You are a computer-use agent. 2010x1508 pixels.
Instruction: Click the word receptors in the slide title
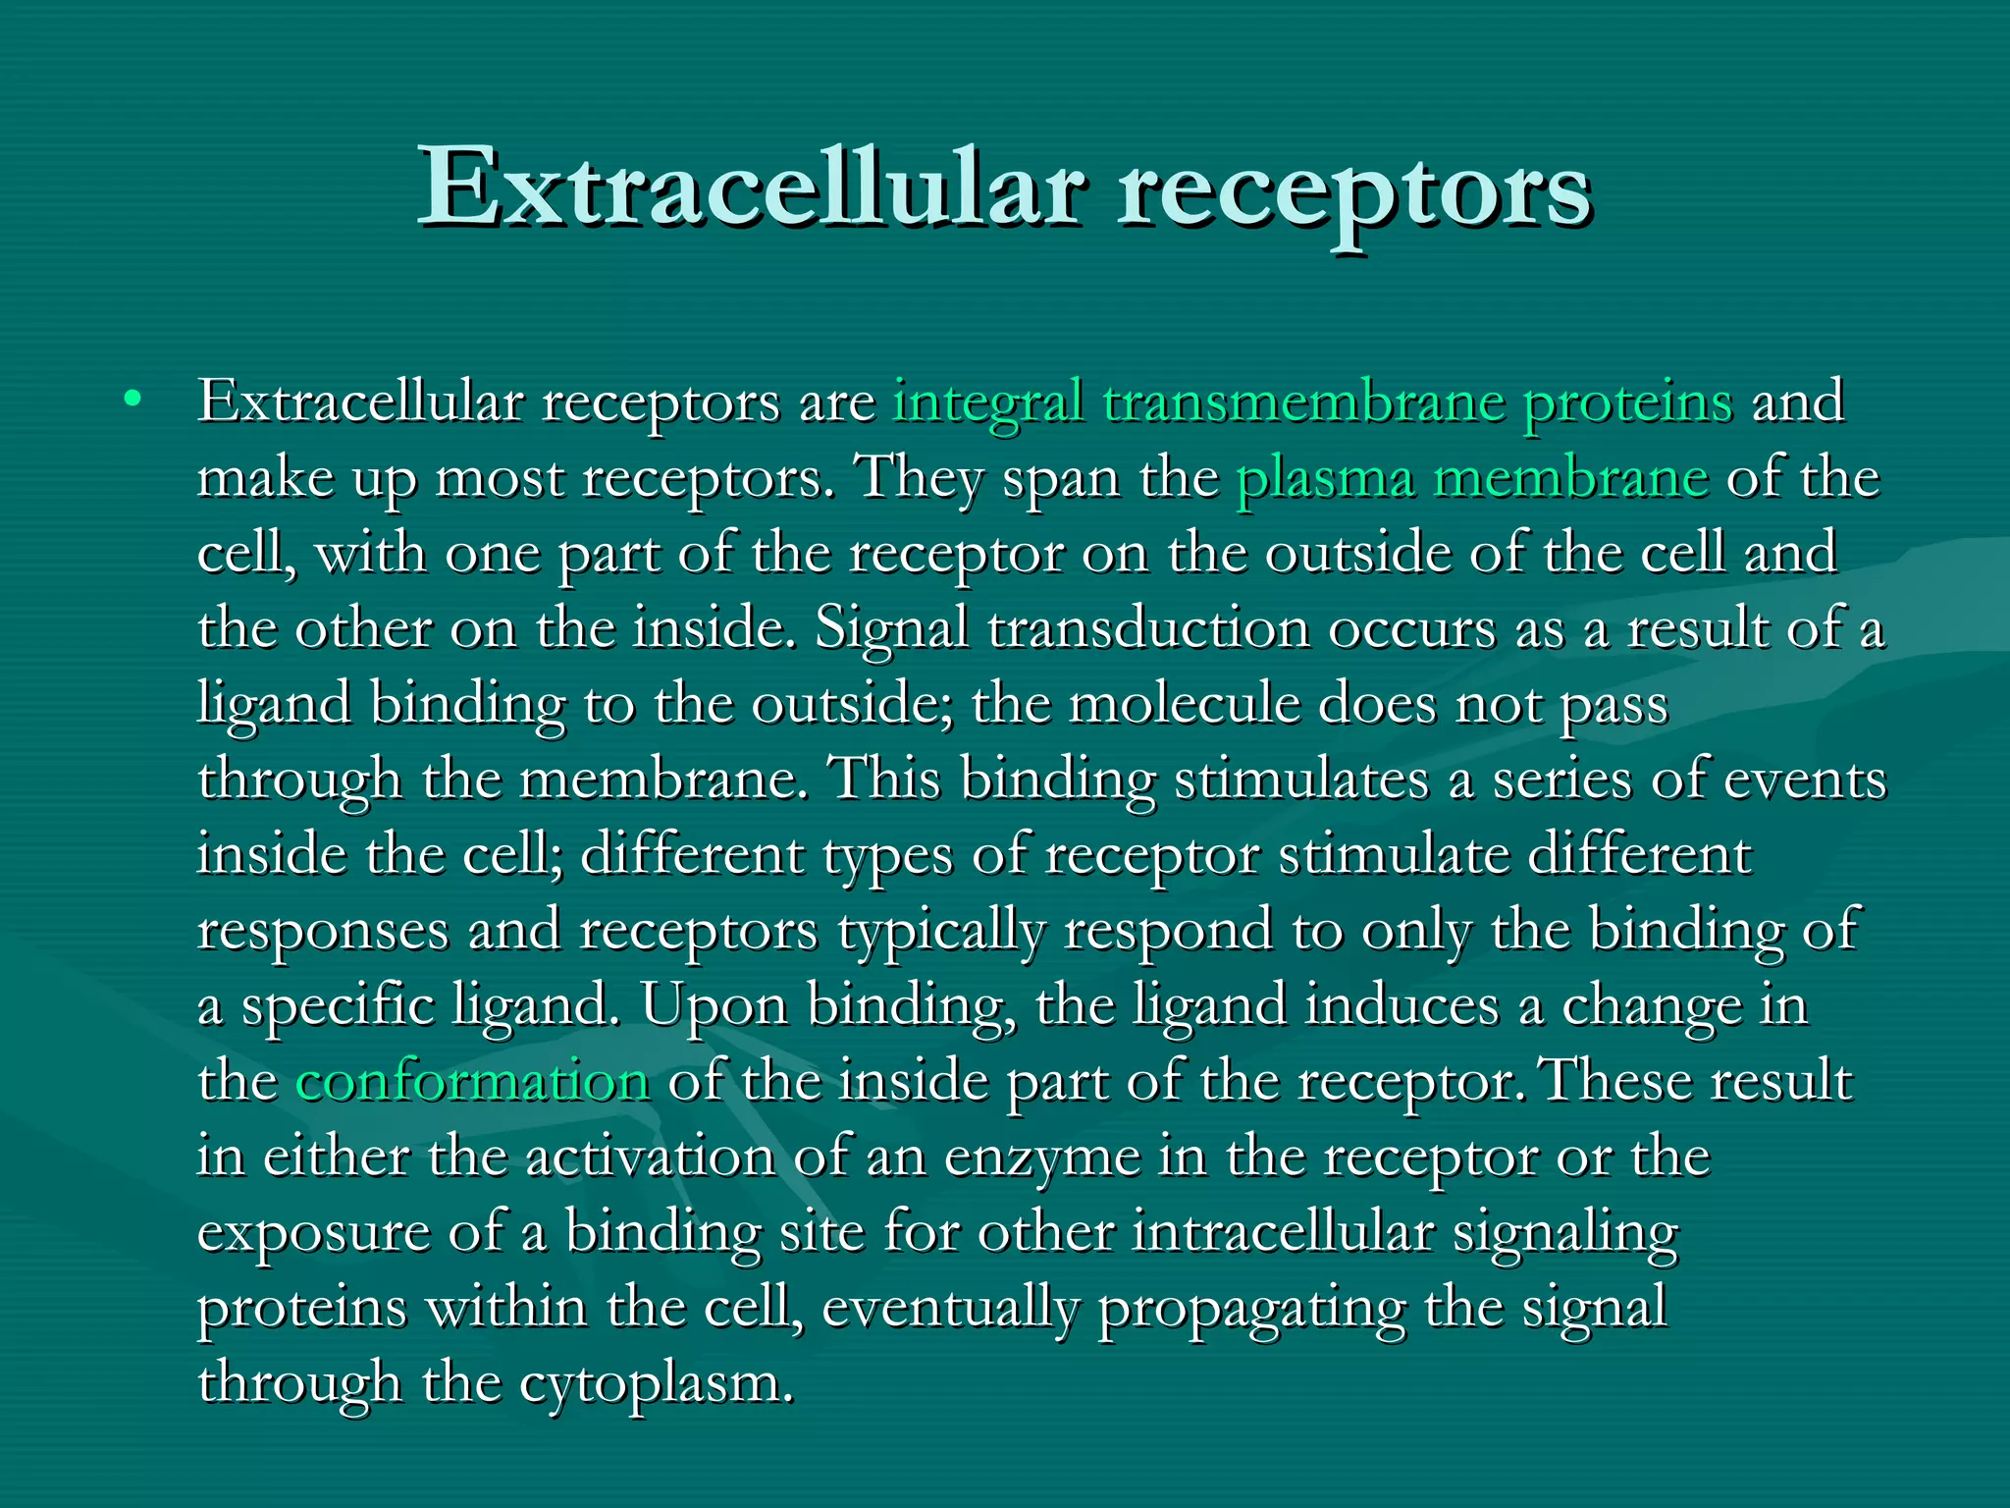[x=1354, y=191]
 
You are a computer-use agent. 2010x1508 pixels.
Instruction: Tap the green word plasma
[x=1325, y=479]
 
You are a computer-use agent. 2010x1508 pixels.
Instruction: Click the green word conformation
[x=472, y=1082]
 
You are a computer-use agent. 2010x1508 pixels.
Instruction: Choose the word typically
[x=941, y=932]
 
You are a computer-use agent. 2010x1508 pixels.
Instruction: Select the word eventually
[x=950, y=1309]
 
